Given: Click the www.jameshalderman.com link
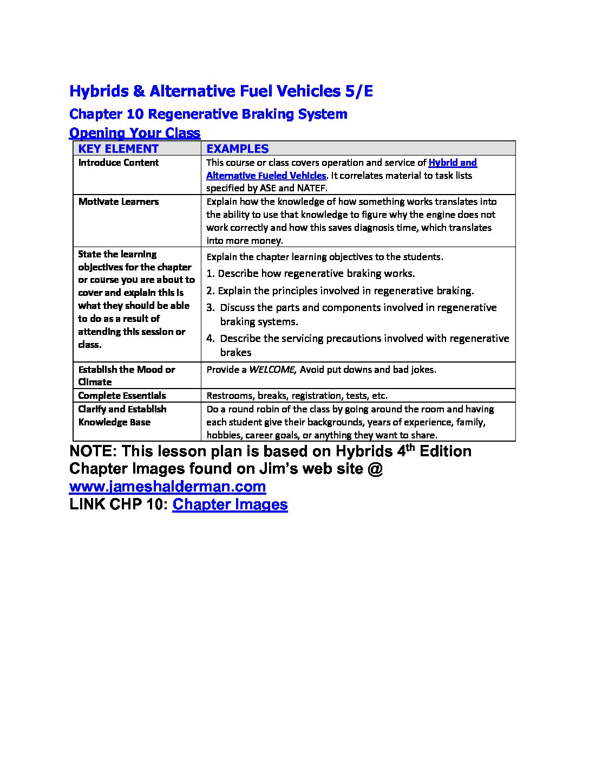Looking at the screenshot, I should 167,486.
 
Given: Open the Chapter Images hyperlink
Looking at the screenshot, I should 230,504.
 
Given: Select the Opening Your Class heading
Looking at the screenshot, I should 135,133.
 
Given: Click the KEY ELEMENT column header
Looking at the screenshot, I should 118,148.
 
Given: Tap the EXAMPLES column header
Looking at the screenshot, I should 237,148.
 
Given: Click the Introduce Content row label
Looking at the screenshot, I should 118,163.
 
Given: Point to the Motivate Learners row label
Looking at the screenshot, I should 118,202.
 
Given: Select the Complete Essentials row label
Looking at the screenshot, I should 122,396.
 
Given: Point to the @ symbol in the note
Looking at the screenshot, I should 375,469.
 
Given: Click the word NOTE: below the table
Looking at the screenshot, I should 92,451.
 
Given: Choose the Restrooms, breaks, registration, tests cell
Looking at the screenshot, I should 297,396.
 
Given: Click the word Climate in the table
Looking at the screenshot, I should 95,382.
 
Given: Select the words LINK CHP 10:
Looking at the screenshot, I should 118,504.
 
